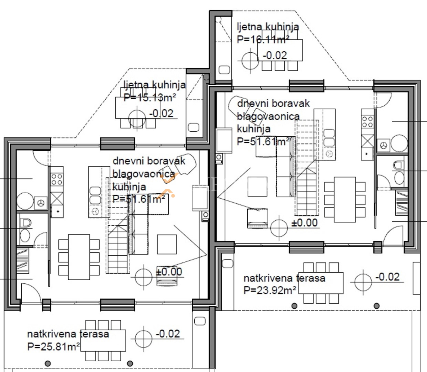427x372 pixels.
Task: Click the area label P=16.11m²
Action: pos(263,39)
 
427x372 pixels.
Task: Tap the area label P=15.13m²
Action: pos(150,97)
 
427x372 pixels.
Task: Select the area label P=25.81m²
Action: pos(53,347)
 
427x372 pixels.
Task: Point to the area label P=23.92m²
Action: pos(270,290)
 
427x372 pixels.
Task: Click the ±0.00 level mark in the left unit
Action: pos(169,272)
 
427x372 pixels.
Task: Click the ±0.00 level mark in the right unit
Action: pos(305,223)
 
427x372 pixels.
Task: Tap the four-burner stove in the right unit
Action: pos(367,122)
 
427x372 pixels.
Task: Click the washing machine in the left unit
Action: pos(41,203)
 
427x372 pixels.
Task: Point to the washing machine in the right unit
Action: pos(383,145)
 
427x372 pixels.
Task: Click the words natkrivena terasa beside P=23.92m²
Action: pos(284,278)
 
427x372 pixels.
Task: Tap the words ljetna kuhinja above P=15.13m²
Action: pos(155,85)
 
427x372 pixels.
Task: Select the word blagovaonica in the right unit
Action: pos(268,116)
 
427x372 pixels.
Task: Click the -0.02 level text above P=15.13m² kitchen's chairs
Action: pos(161,113)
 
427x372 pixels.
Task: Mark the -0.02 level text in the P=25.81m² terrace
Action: pos(168,334)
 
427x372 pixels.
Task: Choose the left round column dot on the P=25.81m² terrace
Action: pos(48,363)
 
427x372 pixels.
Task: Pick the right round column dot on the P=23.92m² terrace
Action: pos(377,306)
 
